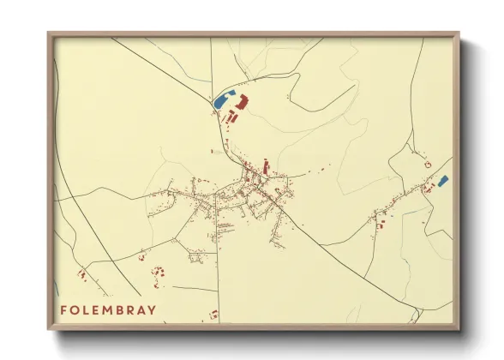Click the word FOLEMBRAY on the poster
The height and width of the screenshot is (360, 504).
[108, 309]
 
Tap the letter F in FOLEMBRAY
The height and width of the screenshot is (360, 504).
[63, 309]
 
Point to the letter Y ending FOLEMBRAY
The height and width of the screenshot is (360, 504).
[153, 309]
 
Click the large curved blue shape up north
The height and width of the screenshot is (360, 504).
[223, 99]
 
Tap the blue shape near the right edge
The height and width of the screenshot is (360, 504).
[442, 181]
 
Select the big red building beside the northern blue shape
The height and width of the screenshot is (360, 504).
[241, 103]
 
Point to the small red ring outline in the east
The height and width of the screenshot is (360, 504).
[427, 164]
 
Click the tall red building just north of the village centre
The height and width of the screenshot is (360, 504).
[266, 165]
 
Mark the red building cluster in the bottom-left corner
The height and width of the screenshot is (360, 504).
[82, 275]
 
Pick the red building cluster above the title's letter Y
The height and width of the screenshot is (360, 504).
[158, 273]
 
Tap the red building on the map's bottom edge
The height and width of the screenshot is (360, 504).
[214, 315]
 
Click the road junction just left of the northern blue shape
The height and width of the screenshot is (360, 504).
[212, 109]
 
